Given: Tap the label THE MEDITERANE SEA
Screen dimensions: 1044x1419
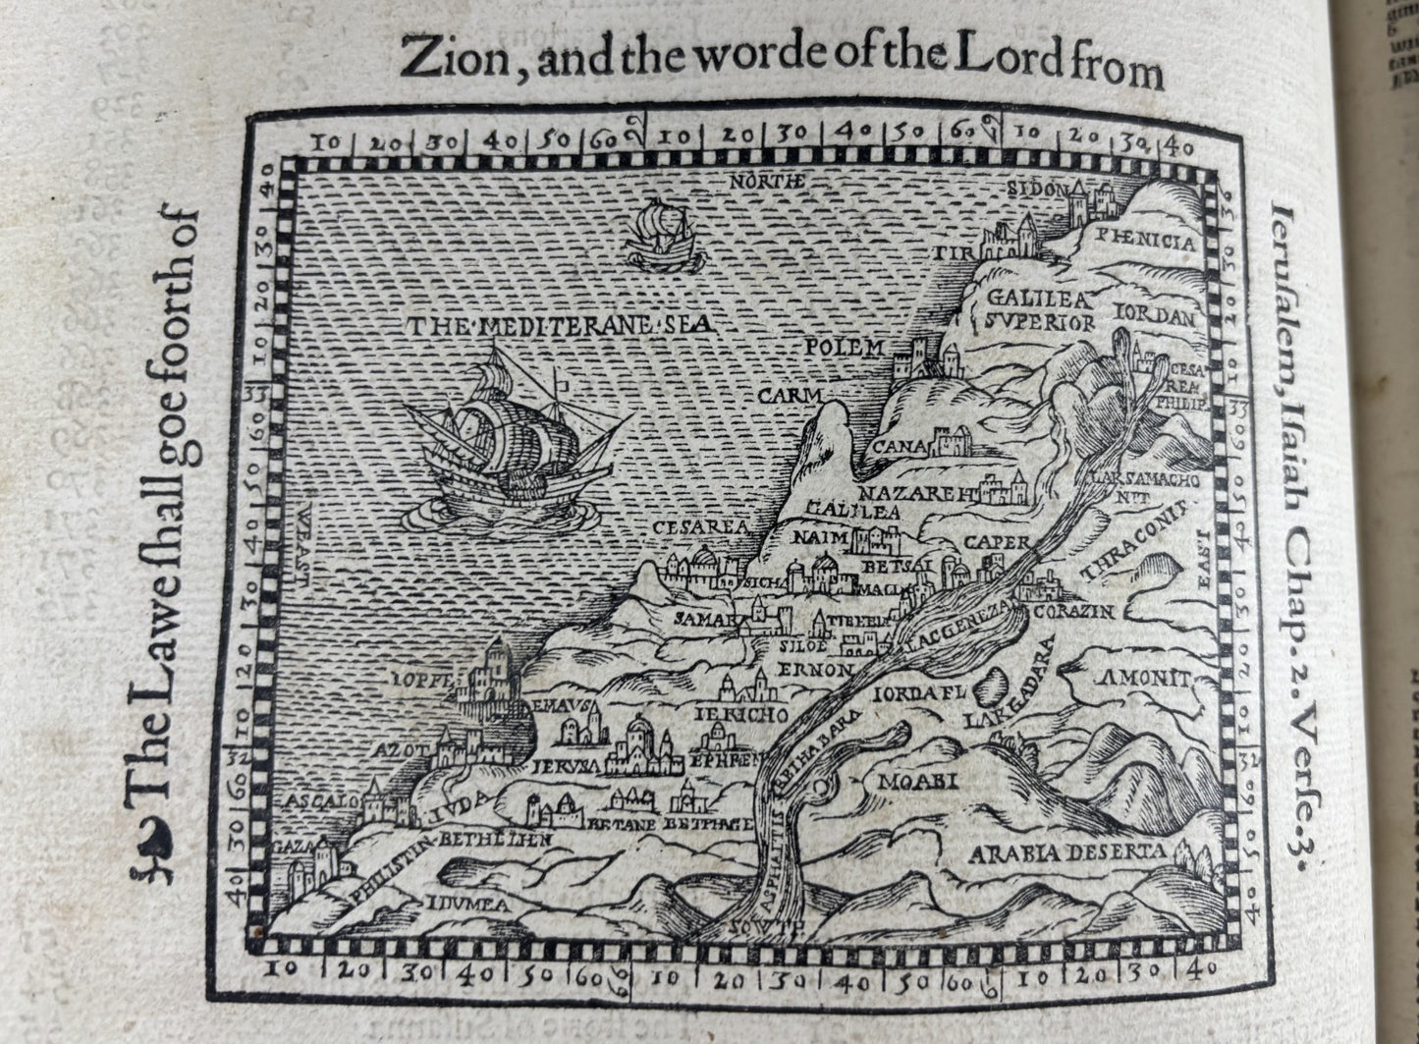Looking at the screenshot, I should click(559, 324).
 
